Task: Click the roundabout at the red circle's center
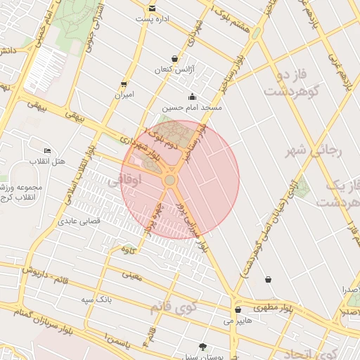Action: [169, 181]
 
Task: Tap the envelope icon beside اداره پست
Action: [152, 8]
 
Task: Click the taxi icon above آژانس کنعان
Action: [174, 58]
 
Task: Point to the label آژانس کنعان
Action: [174, 70]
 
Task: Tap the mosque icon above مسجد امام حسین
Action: [192, 97]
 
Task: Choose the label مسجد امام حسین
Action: [192, 108]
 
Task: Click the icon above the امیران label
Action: [124, 83]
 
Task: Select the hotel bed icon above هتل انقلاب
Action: [47, 150]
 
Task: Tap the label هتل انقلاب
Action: [47, 162]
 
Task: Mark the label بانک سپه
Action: [96, 300]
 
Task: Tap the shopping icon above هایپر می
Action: [238, 309]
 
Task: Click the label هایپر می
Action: [238, 321]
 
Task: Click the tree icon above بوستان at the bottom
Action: [203, 347]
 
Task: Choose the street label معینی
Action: [132, 276]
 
